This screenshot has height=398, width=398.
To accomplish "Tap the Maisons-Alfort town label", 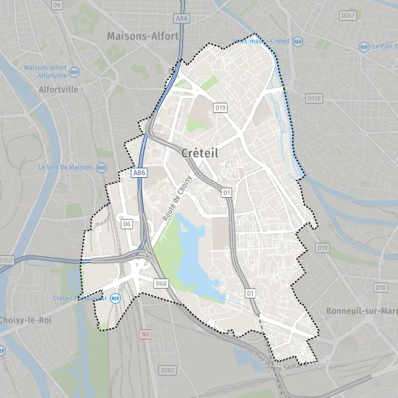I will [x=143, y=37].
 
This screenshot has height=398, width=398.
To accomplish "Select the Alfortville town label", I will [x=58, y=89].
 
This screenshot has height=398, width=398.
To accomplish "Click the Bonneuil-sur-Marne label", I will [x=360, y=310].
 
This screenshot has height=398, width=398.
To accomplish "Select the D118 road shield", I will [x=314, y=99].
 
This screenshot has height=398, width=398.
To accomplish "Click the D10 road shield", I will [x=380, y=287].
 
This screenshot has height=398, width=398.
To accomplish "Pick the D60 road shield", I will [x=161, y=283].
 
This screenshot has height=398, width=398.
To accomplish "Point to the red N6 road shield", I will [x=145, y=335].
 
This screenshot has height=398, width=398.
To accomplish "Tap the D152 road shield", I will [x=6, y=261].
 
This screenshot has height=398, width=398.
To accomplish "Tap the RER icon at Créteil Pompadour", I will [x=115, y=298].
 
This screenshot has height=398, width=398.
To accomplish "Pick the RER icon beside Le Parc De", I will [x=364, y=47].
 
